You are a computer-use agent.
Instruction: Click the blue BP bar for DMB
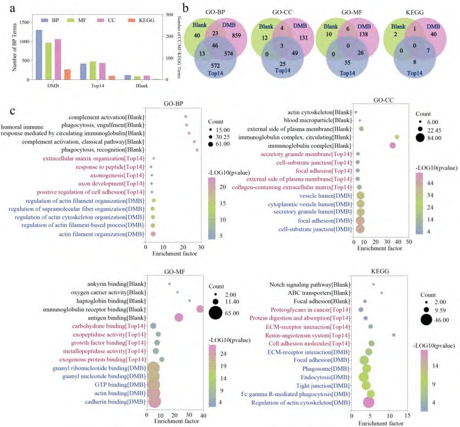click(39, 55)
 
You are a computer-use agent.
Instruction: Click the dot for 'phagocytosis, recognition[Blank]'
click(196, 149)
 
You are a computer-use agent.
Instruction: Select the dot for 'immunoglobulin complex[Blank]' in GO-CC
click(392, 145)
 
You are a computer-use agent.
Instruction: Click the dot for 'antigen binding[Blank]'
click(178, 317)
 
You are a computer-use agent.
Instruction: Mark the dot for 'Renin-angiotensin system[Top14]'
click(394, 335)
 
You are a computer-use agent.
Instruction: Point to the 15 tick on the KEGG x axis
click(408, 415)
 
